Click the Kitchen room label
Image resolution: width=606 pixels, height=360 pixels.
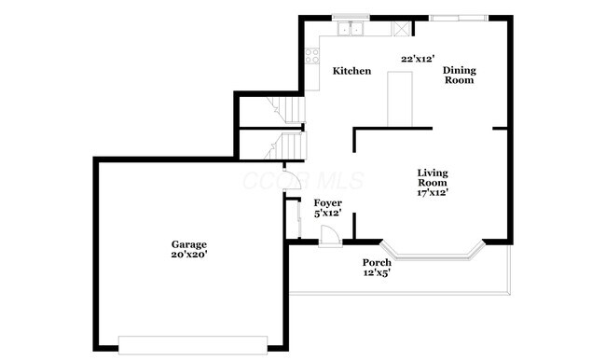point(352,72)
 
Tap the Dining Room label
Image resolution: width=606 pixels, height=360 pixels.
point(458,76)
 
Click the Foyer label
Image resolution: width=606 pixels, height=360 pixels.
point(326,202)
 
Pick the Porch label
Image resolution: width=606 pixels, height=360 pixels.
point(377,263)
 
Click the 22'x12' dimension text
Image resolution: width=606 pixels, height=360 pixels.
point(417,59)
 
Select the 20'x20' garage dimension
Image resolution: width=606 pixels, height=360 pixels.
point(188,254)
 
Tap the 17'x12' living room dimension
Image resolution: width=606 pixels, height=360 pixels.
point(433,193)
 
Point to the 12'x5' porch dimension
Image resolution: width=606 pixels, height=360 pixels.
point(377,273)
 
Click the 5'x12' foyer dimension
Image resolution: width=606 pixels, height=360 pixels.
point(327,214)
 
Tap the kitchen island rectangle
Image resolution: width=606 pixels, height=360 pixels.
point(400,99)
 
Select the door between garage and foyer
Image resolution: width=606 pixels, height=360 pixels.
point(291,182)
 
